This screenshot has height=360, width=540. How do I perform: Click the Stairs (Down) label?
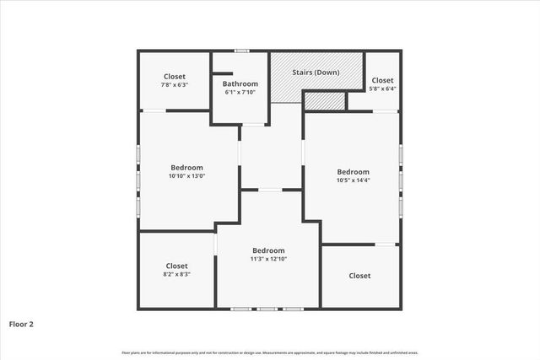[x=316, y=73]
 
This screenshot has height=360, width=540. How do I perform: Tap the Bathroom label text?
[x=240, y=83]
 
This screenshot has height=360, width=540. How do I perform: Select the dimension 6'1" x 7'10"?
[x=240, y=92]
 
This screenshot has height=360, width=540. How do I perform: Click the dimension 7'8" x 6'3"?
[x=175, y=85]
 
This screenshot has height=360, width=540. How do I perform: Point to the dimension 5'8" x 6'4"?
[x=382, y=89]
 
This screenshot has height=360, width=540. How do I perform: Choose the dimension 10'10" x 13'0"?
[x=187, y=176]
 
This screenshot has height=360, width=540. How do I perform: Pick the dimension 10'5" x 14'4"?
[x=353, y=180]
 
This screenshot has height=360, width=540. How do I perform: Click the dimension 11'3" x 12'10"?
[x=268, y=259]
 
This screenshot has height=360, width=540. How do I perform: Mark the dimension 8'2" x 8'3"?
[x=176, y=274]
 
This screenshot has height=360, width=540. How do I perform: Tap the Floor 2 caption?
[x=22, y=323]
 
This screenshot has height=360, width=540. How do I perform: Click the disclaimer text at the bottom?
[x=270, y=352]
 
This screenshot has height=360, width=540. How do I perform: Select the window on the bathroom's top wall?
[x=241, y=51]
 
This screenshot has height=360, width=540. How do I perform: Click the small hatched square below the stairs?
[x=325, y=100]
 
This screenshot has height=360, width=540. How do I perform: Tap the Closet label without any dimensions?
[x=359, y=276]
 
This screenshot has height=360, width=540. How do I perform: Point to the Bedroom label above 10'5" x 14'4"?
[x=353, y=171]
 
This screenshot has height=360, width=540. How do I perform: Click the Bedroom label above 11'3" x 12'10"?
[x=268, y=250]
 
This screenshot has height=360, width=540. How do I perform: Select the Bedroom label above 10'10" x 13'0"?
[x=187, y=168]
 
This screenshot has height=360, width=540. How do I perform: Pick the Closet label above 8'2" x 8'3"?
[x=176, y=266]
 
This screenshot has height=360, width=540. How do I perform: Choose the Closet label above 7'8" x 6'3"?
[x=175, y=77]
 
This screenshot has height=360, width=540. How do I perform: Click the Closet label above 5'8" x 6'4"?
[x=382, y=80]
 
